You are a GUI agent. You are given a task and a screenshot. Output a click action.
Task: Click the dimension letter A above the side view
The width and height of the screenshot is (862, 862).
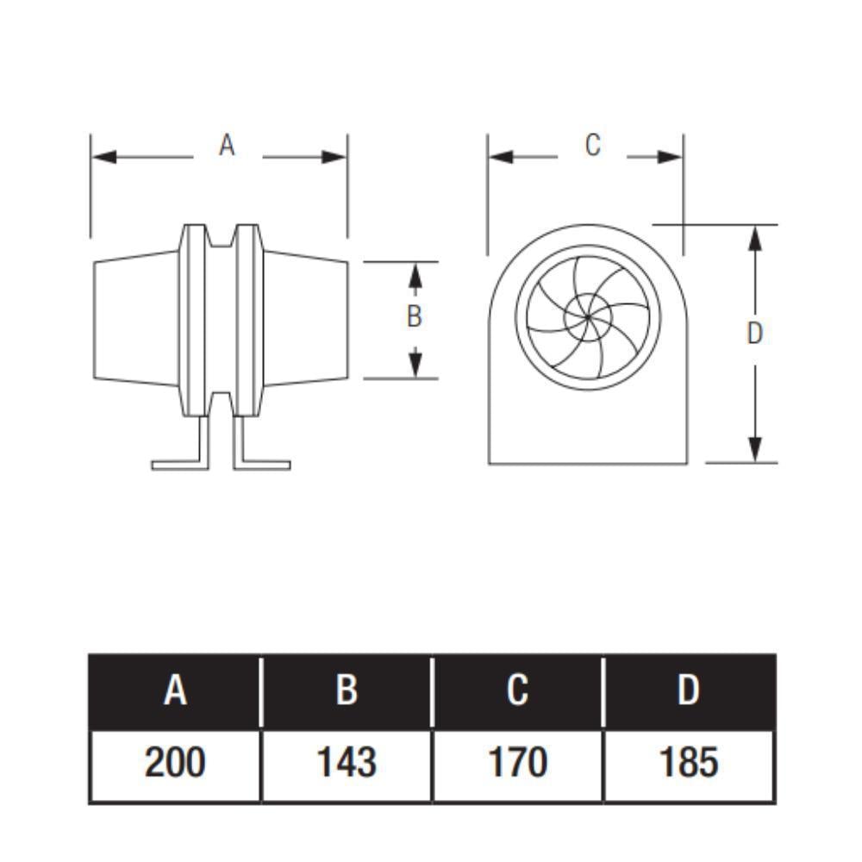(227, 146)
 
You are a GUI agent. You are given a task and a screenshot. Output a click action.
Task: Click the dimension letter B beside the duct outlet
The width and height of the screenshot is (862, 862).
(415, 316)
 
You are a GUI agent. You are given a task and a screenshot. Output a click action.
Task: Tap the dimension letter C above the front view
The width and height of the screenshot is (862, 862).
(592, 146)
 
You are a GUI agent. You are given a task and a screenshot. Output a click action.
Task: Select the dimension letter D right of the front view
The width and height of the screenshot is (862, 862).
(755, 334)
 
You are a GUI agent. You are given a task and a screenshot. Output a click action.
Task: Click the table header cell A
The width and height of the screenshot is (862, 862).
(175, 691)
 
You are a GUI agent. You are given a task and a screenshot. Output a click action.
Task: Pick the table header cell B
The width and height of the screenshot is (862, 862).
(347, 691)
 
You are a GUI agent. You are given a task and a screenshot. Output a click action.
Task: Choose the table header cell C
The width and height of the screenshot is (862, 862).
(517, 691)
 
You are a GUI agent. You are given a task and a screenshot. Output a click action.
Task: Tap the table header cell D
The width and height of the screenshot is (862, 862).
(689, 691)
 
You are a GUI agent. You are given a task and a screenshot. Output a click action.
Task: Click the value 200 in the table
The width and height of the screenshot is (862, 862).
(175, 763)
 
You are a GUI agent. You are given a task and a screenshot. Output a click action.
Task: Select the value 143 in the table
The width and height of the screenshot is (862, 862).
(347, 763)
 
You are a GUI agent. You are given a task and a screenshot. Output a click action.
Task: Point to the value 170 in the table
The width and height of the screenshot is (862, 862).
(517, 763)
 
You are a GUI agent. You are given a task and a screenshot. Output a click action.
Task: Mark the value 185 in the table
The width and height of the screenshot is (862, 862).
(689, 763)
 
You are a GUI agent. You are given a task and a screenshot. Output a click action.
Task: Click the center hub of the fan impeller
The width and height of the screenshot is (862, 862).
(588, 318)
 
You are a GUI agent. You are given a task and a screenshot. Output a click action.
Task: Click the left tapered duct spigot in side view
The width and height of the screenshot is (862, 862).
(136, 319)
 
